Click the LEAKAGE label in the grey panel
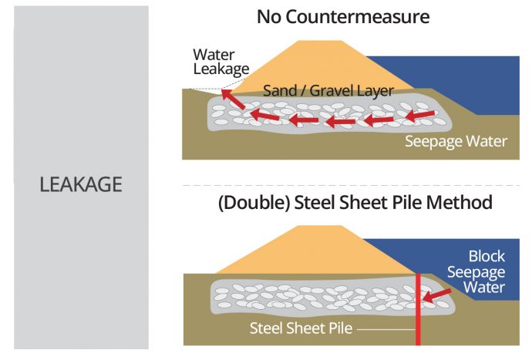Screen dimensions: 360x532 (81, 185)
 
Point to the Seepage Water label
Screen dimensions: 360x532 (457, 142)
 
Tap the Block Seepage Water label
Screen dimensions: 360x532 (487, 272)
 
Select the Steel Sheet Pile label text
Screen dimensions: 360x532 (301, 328)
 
